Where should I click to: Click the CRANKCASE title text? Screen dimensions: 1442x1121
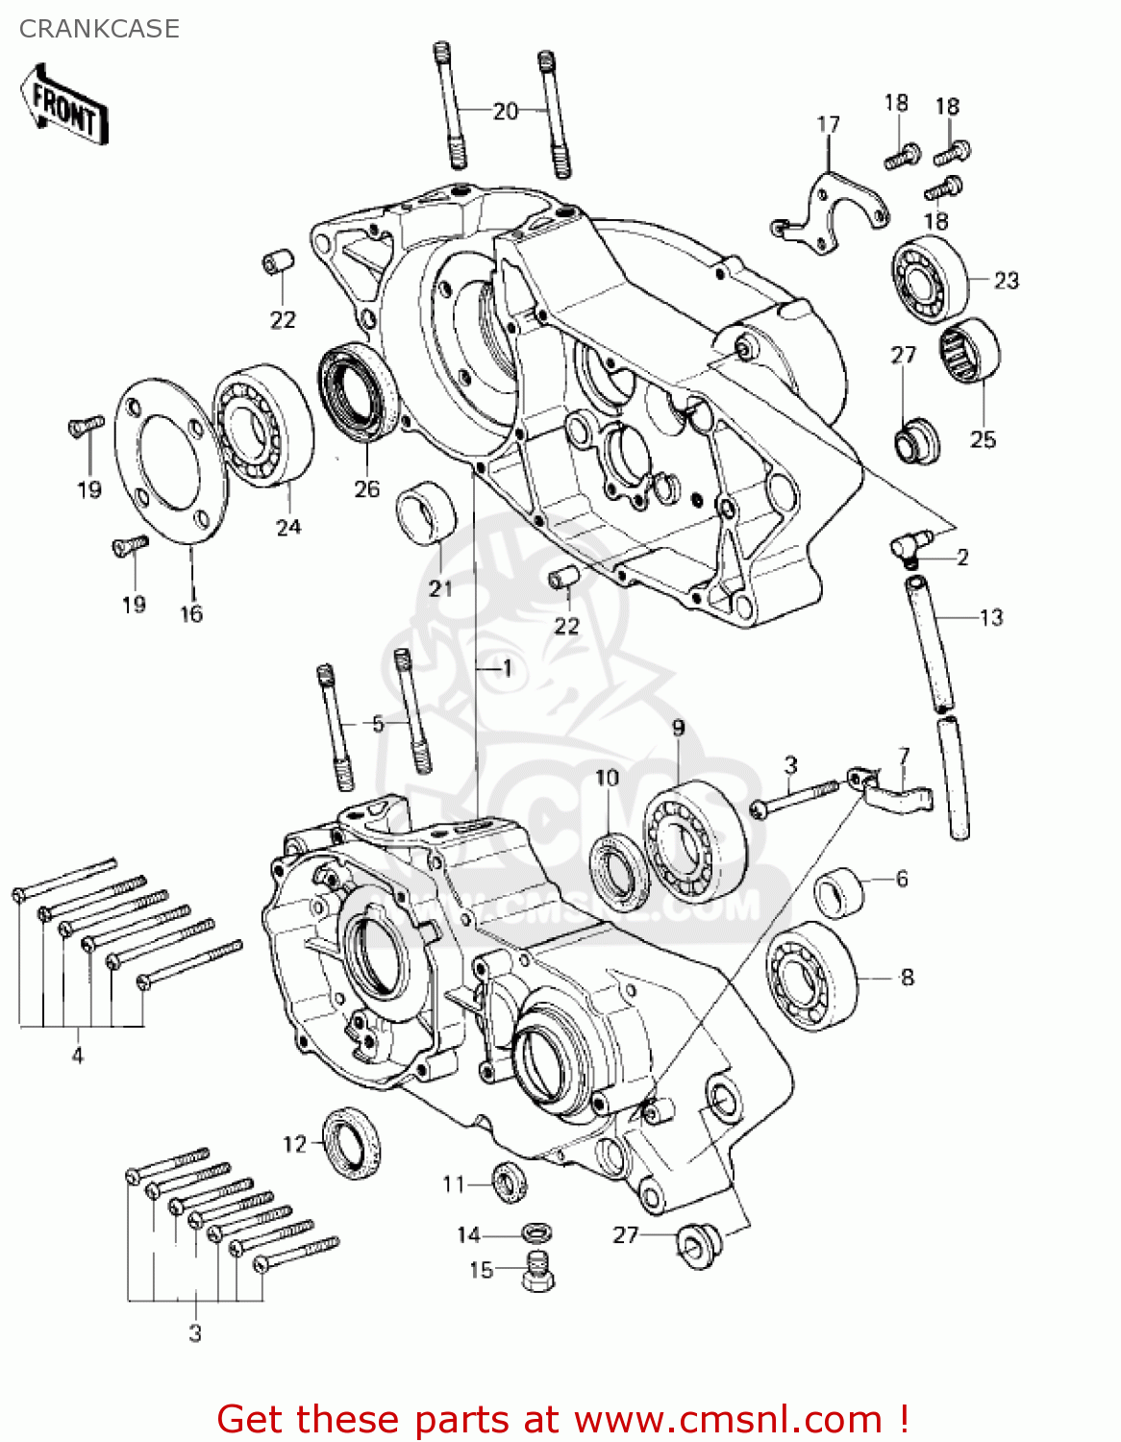[99, 29]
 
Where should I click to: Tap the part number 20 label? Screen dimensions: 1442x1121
[505, 112]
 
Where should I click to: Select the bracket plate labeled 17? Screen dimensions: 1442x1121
[831, 211]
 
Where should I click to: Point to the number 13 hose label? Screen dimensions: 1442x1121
[990, 617]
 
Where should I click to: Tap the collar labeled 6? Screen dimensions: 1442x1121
[838, 891]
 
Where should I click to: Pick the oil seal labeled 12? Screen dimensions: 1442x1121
[349, 1142]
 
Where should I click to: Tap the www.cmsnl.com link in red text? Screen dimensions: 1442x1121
[728, 1419]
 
